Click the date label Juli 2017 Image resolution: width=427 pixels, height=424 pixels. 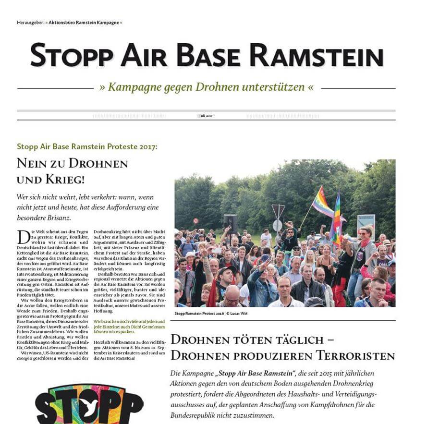pyautogui.click(x=206, y=116)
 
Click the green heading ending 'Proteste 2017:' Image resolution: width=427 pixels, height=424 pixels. pyautogui.click(x=87, y=146)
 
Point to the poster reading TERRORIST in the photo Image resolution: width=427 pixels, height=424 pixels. pyautogui.click(x=366, y=223)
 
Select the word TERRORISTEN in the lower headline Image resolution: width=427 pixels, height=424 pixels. pyautogui.click(x=355, y=356)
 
